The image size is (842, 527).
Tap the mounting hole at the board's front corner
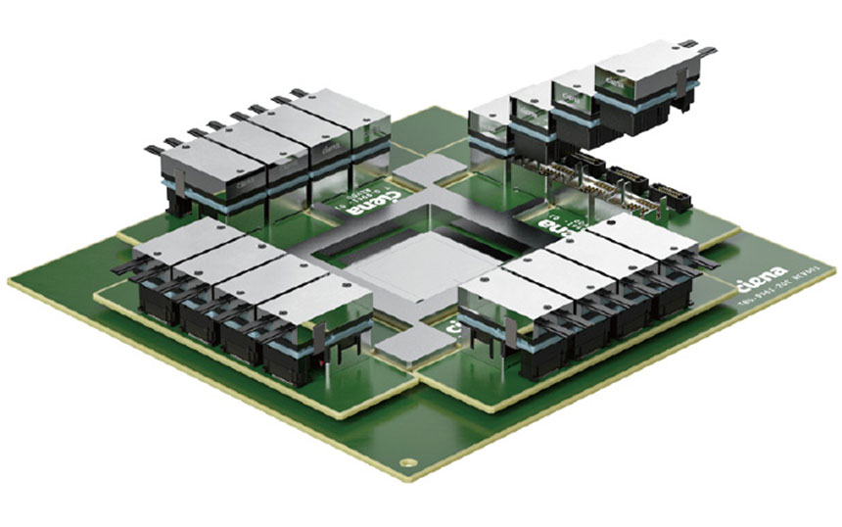click(x=401, y=459)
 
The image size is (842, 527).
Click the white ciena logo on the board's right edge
click(x=761, y=287)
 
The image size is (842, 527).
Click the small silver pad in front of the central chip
click(x=408, y=343)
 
